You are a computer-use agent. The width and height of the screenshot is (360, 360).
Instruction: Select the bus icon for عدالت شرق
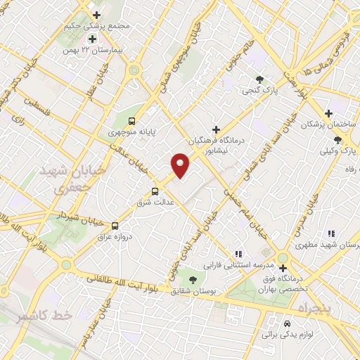point(155,191)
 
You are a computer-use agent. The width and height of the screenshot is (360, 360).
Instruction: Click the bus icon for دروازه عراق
point(115,225)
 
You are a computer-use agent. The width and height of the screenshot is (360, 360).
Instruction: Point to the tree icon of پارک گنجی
point(260,79)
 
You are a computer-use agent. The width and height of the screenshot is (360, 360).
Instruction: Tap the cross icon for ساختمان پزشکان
point(328,113)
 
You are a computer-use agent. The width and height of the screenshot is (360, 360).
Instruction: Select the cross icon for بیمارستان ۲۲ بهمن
point(91,38)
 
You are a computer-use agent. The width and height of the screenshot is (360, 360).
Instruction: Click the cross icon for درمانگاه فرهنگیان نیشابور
point(216,129)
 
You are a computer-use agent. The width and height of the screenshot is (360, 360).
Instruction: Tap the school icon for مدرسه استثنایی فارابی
point(238,254)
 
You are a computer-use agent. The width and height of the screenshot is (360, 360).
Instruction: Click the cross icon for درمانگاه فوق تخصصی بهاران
point(283,268)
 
